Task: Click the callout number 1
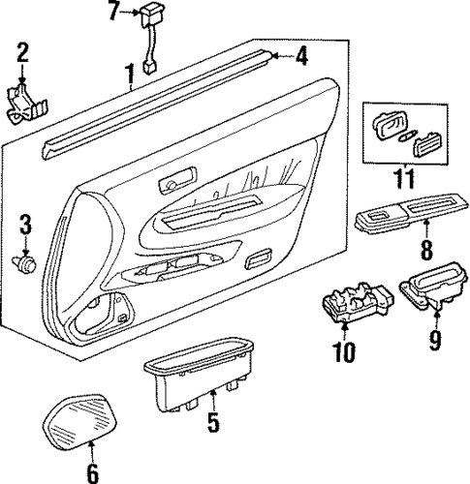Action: click(129, 72)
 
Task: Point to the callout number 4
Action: click(301, 57)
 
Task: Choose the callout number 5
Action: click(212, 422)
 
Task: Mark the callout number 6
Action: click(91, 472)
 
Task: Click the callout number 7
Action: click(114, 12)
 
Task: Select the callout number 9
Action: click(434, 340)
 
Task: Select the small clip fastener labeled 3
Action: click(27, 260)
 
